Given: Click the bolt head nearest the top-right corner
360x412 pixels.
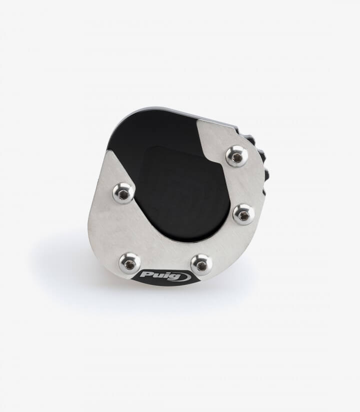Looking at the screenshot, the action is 237,156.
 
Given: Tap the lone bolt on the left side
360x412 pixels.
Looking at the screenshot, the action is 123,193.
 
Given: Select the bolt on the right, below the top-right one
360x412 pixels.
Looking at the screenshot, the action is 244,214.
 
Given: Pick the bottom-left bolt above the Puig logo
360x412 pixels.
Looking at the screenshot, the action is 129,263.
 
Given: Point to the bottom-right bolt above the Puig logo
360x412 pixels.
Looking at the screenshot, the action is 201,264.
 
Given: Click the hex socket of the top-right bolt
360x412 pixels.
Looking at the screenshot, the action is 237,157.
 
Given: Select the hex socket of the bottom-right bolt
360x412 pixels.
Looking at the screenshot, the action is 201,266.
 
